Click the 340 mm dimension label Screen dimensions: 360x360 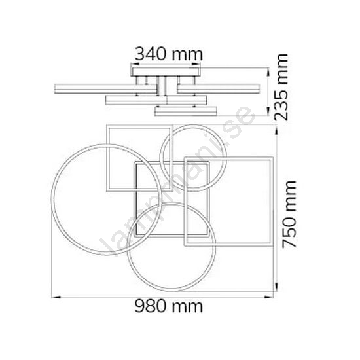[169, 54]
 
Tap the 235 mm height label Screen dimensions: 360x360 [281, 87]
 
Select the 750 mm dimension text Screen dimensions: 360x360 [289, 214]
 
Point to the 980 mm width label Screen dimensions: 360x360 [169, 306]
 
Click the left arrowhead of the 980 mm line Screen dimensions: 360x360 [56, 297]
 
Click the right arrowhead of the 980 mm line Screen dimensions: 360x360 [269, 297]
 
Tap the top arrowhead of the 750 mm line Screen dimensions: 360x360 [276, 130]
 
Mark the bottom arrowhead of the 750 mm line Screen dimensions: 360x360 [276, 287]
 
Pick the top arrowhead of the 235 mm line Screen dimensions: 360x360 [268, 73]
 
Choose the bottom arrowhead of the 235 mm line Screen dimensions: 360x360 [268, 111]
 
